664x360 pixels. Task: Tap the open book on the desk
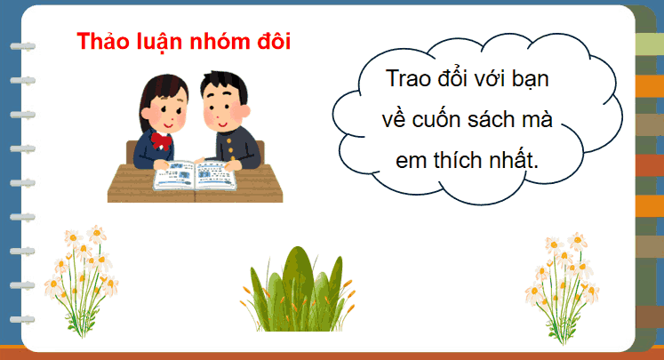point(194,174)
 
